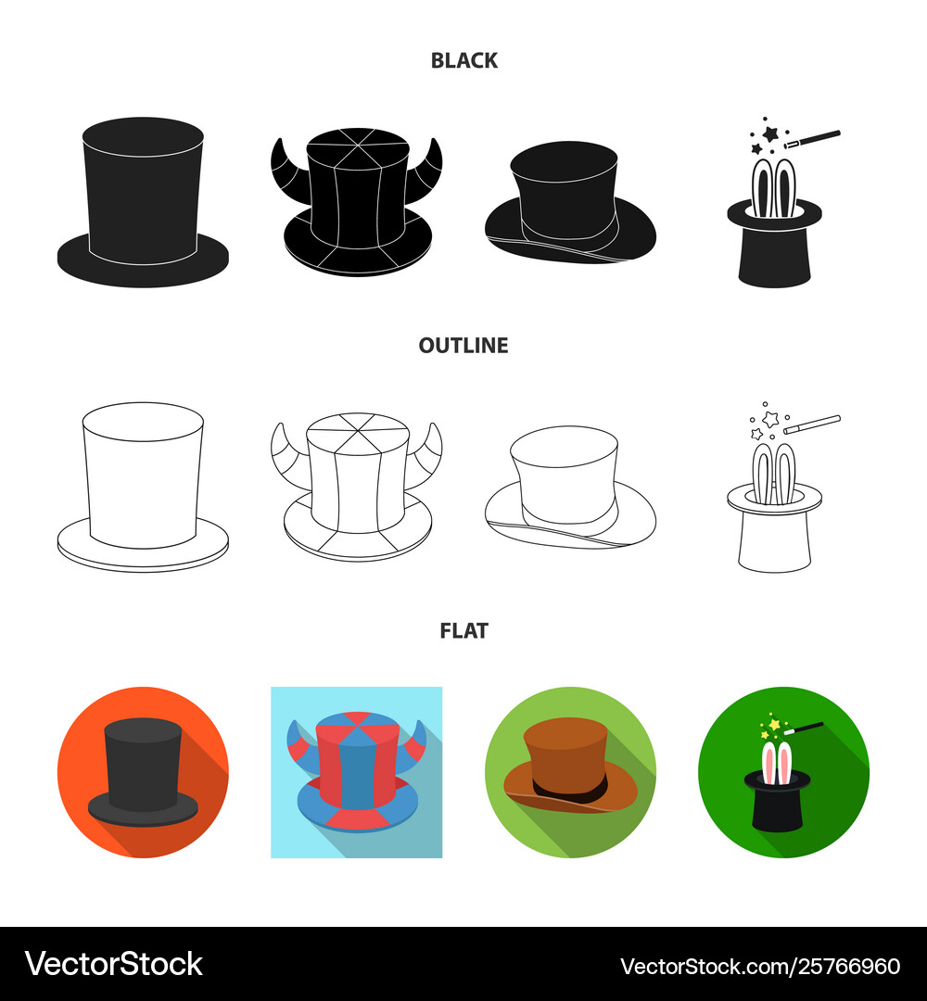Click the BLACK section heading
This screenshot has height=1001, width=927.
coord(464,60)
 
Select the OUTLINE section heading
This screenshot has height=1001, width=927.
coord(463,346)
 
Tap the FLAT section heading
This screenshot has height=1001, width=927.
coord(464,631)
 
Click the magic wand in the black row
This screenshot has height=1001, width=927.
coord(812,139)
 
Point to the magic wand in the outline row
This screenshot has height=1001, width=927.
coord(812,424)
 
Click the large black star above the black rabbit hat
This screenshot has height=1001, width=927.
coord(770,133)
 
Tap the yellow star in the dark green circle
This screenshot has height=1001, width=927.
coord(774,725)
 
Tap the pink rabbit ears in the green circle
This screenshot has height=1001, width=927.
coord(776,763)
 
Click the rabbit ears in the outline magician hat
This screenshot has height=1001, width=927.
coord(774,473)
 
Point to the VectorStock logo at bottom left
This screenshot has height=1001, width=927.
coord(114,964)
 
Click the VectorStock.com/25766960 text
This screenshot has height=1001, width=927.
coord(760,966)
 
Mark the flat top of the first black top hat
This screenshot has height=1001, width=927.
coord(143,137)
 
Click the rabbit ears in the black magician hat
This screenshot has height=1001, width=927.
coord(774,187)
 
